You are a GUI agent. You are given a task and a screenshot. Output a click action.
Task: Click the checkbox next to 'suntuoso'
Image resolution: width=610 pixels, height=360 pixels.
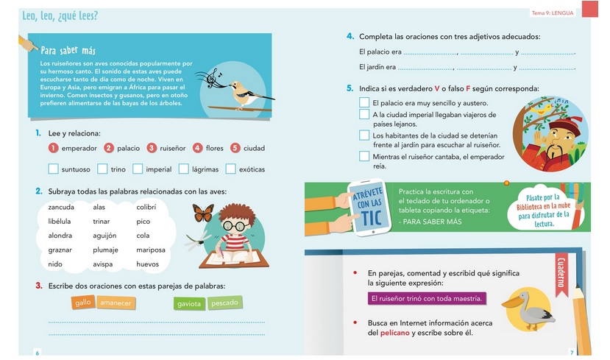coord(53,169)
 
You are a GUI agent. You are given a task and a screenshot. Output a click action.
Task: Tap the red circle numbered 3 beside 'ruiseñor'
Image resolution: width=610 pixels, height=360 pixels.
coord(152,148)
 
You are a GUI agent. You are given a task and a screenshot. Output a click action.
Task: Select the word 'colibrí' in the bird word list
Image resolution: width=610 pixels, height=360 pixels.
coord(146,207)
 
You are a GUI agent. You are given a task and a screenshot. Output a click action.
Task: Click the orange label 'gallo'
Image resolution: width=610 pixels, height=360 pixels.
coord(82,303)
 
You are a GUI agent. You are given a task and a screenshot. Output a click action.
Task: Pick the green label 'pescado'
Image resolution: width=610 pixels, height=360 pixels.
coord(225,303)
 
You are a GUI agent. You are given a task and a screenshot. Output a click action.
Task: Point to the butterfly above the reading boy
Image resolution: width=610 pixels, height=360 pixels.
coord(203,213)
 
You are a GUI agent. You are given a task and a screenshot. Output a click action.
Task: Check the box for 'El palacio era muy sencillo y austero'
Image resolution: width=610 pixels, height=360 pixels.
coord(364,103)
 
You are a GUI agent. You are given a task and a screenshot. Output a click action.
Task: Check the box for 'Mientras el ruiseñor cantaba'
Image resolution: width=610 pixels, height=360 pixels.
coord(364,156)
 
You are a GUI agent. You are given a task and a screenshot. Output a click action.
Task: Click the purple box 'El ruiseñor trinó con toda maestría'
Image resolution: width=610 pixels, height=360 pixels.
coord(427,299)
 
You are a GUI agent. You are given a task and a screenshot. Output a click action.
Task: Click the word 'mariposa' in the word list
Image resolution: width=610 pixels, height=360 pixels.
coord(151,250)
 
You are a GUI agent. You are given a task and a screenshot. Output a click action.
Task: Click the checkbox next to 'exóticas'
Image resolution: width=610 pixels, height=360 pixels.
coord(231,169)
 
